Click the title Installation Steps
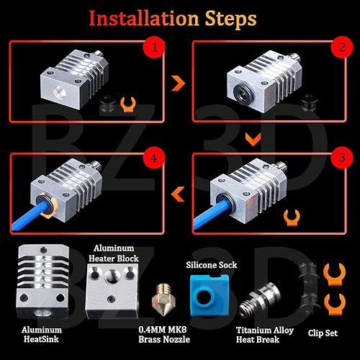tap(179, 17)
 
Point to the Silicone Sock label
tap(210, 265)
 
